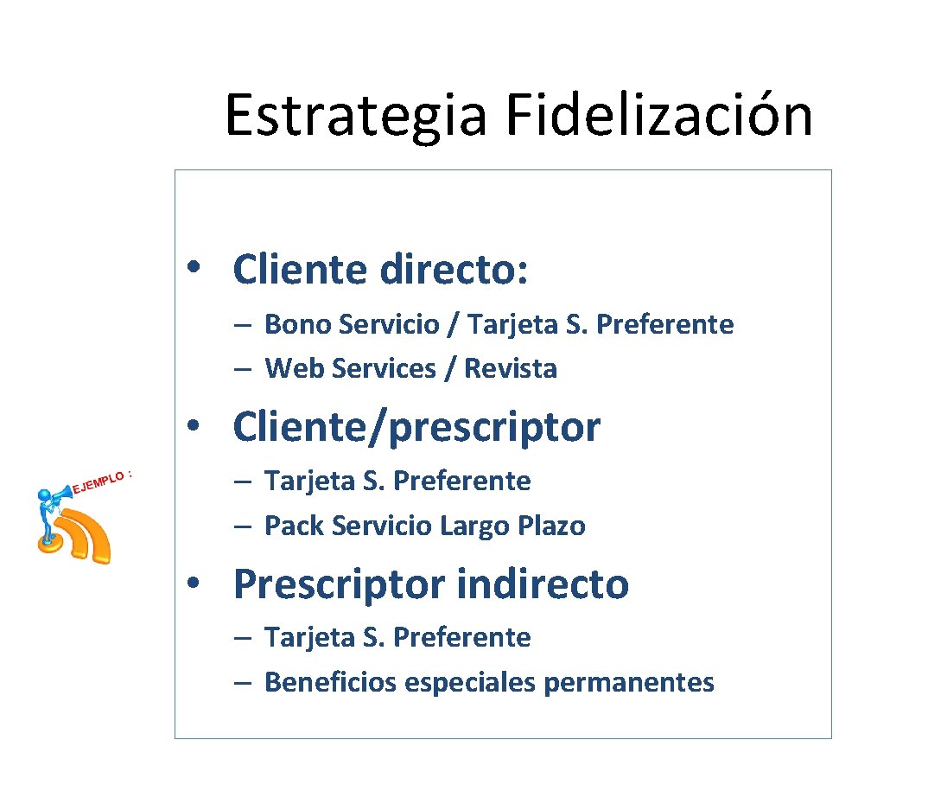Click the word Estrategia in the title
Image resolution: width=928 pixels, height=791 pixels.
[355, 117]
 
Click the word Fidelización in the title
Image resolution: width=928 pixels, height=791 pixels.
[658, 115]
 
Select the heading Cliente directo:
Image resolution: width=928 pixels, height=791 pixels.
[380, 269]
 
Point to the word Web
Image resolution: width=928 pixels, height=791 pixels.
[291, 368]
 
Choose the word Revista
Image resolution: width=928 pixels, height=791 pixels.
[511, 368]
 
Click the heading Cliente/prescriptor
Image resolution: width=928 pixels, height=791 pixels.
[416, 427]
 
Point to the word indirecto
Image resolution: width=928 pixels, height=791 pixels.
[544, 584]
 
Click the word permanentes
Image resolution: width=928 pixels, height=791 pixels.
[628, 682]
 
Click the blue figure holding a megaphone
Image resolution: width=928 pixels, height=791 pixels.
[48, 516]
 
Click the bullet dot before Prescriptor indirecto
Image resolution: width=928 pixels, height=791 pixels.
[198, 583]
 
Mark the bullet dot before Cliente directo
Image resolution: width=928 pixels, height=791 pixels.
[198, 267]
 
